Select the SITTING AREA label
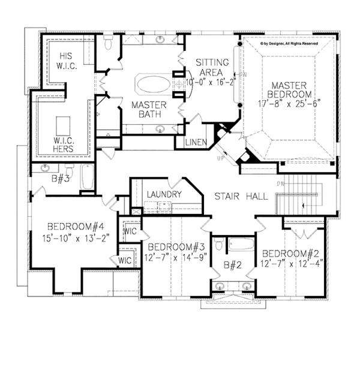[212, 67]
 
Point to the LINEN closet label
[196, 142]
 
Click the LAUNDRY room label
[163, 195]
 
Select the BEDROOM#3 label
[173, 246]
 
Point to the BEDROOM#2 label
[290, 252]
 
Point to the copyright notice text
[297, 43]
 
